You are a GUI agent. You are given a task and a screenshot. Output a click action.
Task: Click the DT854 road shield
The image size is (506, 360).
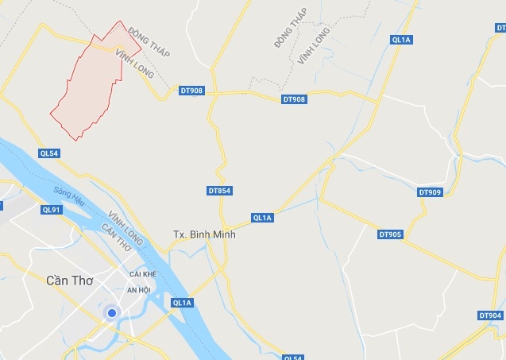click(219, 191)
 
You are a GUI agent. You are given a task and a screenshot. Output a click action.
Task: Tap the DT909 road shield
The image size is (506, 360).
click(429, 192)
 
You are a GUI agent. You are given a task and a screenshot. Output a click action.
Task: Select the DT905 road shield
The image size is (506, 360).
click(390, 234)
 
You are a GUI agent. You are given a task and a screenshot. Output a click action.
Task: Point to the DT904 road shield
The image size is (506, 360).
click(490, 315)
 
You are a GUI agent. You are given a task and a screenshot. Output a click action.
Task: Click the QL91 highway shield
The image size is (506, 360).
click(51, 210)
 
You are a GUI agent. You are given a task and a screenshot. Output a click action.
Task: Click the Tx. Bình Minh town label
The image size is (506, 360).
click(204, 235)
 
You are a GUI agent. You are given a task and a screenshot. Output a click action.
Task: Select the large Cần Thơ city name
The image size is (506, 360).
click(69, 280)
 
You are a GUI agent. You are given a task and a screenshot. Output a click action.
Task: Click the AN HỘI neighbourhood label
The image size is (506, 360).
click(139, 290)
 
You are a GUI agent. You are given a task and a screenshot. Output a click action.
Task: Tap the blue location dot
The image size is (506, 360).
click(112, 313)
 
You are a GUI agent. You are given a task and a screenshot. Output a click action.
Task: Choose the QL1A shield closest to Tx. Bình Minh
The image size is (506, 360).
click(262, 218)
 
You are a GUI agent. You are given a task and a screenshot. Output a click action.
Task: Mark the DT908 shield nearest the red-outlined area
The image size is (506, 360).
click(191, 91)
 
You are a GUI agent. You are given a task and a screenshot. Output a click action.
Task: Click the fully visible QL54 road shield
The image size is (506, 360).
click(48, 153)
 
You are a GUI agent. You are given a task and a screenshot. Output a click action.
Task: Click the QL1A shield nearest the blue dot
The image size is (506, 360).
click(182, 303)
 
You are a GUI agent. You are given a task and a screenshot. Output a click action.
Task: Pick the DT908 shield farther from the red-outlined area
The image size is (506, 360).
click(293, 99)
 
